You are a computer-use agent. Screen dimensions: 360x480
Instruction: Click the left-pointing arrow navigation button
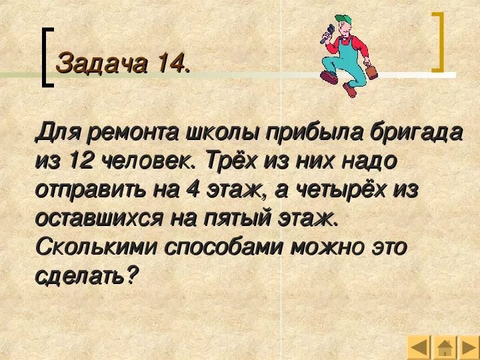pyautogui.click(x=419, y=348)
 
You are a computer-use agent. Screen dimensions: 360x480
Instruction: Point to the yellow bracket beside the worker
pyautogui.click(x=438, y=41)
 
